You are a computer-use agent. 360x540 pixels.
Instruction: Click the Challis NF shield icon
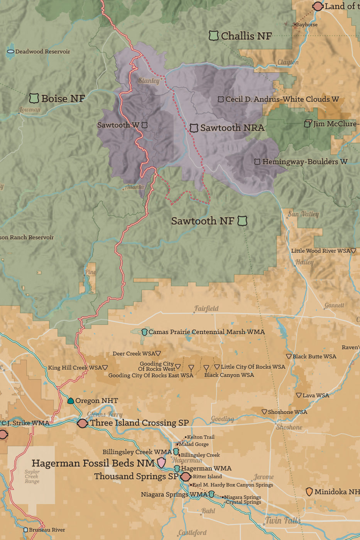pos(213,36)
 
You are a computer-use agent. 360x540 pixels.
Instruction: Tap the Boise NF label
pos(63,99)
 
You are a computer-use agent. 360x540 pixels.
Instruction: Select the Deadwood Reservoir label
pos(42,51)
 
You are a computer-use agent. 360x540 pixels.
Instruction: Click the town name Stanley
pos(149,81)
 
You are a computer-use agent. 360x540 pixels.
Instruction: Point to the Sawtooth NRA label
pos(232,128)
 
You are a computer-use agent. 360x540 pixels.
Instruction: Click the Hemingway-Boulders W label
pos(304,162)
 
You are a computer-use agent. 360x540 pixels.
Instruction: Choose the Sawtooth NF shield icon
pos(242,221)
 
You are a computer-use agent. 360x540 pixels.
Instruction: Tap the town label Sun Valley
pos(303,214)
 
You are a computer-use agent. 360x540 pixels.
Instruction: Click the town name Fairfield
pos(206,309)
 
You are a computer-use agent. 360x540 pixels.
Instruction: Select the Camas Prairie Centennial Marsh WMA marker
pos(144,332)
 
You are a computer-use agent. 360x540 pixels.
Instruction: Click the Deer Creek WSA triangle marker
pos(158,353)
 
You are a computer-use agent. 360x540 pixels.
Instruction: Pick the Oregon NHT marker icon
pos(71,401)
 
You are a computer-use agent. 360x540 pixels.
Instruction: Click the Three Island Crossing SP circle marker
pos(82,423)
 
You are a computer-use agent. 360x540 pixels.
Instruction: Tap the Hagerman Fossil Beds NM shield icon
pos(161,463)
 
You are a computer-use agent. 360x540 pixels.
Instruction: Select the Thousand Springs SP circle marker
pos(186,477)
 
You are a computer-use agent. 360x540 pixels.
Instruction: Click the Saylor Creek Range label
pos(32,476)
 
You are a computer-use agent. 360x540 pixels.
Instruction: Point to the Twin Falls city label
pos(283,520)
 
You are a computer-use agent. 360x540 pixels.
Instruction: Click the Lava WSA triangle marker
pos(299,395)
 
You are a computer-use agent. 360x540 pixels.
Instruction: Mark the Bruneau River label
pos(47,530)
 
